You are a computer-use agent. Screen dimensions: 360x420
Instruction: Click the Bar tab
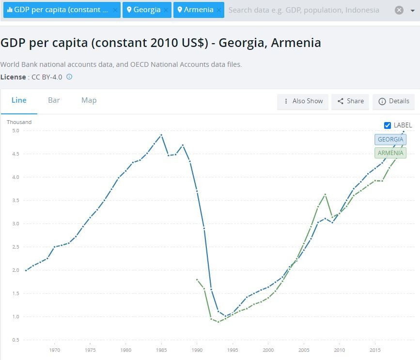(x=54, y=100)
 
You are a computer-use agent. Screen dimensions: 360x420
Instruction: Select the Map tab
(x=89, y=100)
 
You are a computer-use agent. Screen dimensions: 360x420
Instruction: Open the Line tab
(x=19, y=100)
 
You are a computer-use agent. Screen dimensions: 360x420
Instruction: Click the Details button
(x=393, y=101)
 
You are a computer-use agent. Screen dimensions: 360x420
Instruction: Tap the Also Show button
(x=303, y=101)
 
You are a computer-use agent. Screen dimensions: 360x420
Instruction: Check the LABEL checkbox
(x=388, y=125)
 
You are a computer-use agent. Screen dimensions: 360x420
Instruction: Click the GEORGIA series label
(x=390, y=140)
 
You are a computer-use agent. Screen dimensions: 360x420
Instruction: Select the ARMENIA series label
(x=390, y=153)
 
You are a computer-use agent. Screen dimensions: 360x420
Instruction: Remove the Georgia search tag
(x=166, y=10)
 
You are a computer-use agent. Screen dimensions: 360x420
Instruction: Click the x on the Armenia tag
(x=218, y=10)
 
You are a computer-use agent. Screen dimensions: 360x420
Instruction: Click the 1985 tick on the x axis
(x=161, y=350)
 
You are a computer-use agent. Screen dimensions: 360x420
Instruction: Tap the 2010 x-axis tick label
(x=339, y=350)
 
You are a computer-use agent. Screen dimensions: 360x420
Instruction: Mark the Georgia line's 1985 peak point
(x=161, y=135)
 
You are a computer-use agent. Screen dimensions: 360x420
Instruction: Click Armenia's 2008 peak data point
(x=325, y=194)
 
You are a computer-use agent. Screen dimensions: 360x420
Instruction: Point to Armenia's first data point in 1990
(x=197, y=280)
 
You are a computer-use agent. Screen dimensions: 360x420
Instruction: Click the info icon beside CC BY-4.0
(x=69, y=77)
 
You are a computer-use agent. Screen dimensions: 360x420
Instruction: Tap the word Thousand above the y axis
(x=19, y=122)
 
